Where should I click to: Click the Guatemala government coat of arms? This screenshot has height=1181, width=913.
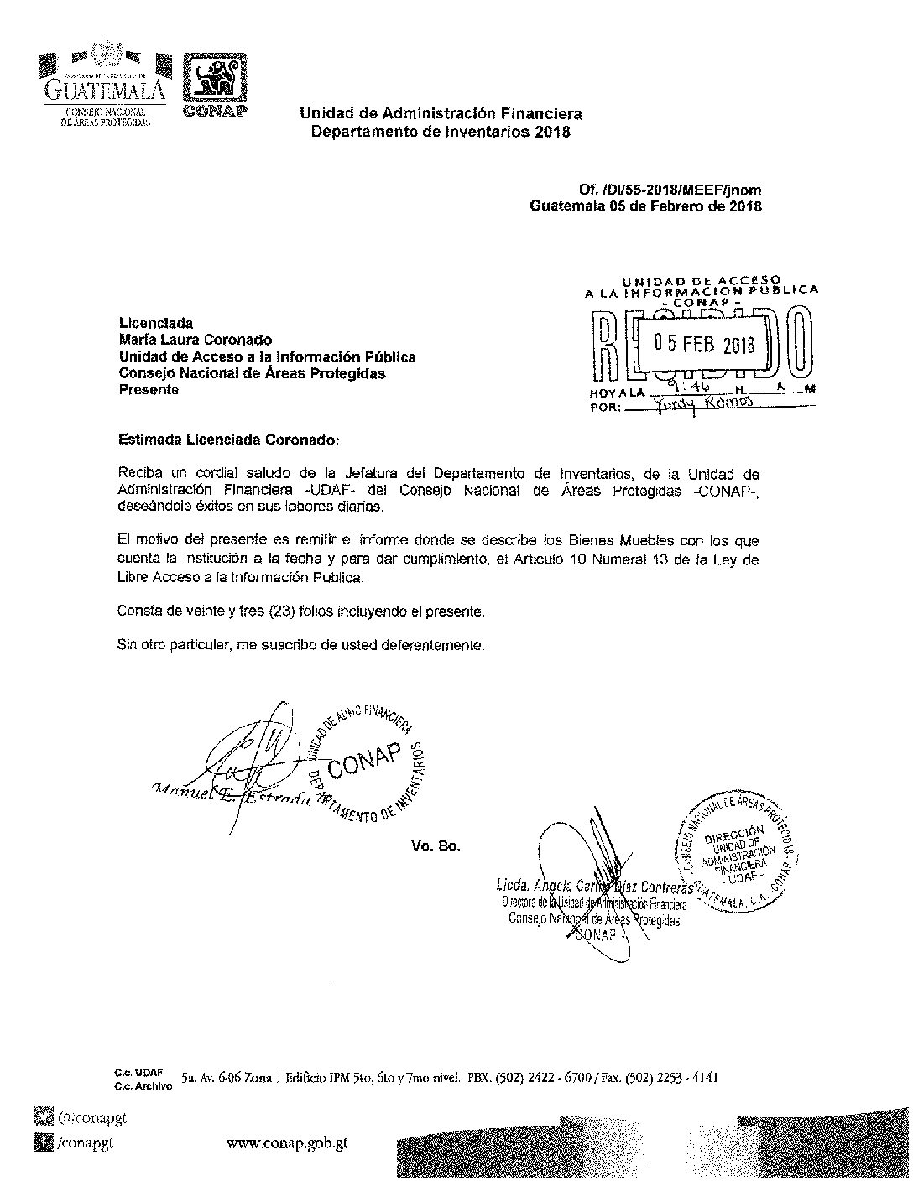pyautogui.click(x=107, y=59)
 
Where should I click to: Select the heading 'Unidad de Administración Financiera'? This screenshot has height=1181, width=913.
pyautogui.click(x=441, y=113)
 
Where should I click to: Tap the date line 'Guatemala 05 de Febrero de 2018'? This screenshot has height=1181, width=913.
pyautogui.click(x=646, y=206)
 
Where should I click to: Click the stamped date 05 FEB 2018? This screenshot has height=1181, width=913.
pyautogui.click(x=705, y=346)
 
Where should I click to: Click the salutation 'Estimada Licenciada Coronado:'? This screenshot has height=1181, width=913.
pyautogui.click(x=230, y=439)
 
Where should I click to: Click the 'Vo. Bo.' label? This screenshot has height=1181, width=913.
pyautogui.click(x=436, y=846)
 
